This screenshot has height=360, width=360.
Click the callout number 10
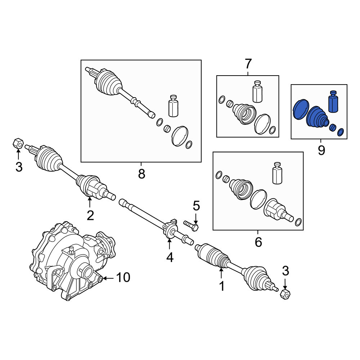click(x=123, y=278)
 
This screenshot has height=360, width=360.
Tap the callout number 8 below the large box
click(x=141, y=174)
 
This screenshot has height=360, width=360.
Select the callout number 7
click(x=248, y=64)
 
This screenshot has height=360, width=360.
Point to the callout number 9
click(x=321, y=150)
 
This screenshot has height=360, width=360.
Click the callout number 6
click(x=258, y=242)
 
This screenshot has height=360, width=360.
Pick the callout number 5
click(x=196, y=206)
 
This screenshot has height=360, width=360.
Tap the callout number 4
click(x=170, y=258)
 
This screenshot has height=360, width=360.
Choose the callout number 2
click(x=90, y=215)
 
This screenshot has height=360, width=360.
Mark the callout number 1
click(x=221, y=286)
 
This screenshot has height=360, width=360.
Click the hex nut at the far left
click(x=18, y=144)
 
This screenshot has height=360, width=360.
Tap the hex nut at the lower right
click(x=285, y=294)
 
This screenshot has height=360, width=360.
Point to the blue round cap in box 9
click(x=301, y=109)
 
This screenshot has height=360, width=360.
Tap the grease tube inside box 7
click(x=257, y=91)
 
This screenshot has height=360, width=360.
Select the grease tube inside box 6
click(x=277, y=173)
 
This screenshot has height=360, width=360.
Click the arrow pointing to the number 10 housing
click(x=108, y=278)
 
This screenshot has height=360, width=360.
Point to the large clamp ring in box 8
click(x=180, y=136)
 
